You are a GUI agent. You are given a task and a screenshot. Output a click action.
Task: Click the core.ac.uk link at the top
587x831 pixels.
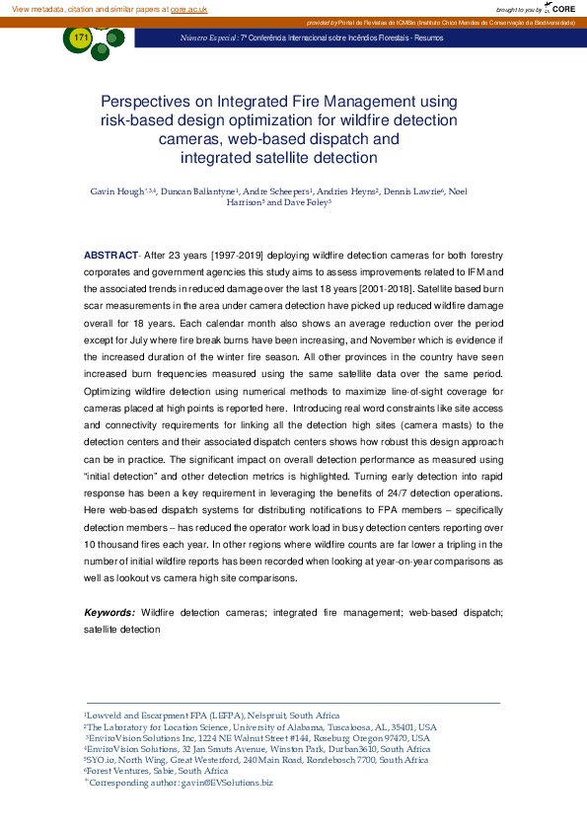click(x=189, y=8)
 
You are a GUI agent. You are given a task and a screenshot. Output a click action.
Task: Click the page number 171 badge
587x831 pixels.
click(x=81, y=38)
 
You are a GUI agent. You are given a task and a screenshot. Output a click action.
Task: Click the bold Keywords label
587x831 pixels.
click(x=109, y=612)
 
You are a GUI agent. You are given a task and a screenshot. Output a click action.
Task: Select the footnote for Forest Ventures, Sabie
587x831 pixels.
click(x=144, y=771)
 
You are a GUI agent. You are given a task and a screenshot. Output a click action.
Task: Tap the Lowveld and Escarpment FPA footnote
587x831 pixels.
click(x=212, y=716)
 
